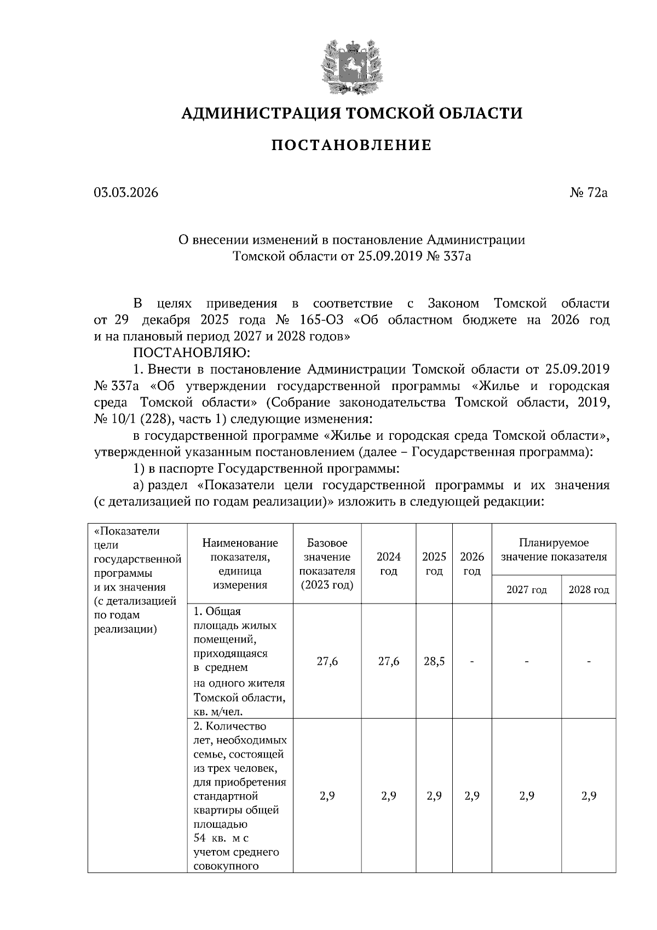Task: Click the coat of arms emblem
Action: pos(351,66)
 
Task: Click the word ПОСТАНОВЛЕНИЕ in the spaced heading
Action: pos(351,145)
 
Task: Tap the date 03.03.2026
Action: pos(126,193)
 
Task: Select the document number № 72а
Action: pos(589,193)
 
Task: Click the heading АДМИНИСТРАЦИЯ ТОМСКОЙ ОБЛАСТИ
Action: pos(351,113)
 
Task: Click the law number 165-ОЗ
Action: pos(322,320)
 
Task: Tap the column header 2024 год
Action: pos(389,564)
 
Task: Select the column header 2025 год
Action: pos(434,564)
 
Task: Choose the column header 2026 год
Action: pos(472,564)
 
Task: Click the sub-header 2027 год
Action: pos(526,590)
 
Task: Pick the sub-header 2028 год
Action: pos(589,590)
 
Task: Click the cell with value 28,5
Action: pos(434,661)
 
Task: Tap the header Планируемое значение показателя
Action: pos(554,550)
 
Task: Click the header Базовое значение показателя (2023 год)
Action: pos(327,564)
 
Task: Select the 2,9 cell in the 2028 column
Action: pos(589,796)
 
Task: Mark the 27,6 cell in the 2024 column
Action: pos(389,661)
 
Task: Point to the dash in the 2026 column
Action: pos(472,661)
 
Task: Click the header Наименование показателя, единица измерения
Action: pos(240,564)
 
